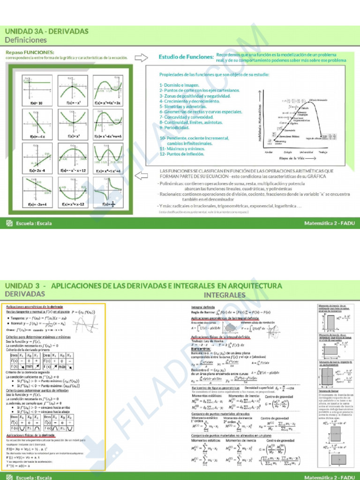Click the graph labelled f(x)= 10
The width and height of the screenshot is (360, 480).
pyautogui.click(x=38, y=89)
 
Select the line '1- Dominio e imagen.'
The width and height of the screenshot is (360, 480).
pyautogui.click(x=179, y=85)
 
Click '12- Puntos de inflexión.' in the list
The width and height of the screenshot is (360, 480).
pyautogui.click(x=183, y=154)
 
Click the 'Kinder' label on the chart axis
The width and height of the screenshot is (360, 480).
pyautogui.click(x=269, y=152)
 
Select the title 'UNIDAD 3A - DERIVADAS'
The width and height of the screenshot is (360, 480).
pyautogui.click(x=46, y=31)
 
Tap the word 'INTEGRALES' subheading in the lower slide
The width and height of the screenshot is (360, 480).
pyautogui.click(x=225, y=295)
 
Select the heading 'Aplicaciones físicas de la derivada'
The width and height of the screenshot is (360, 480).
pyautogui.click(x=31, y=435)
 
